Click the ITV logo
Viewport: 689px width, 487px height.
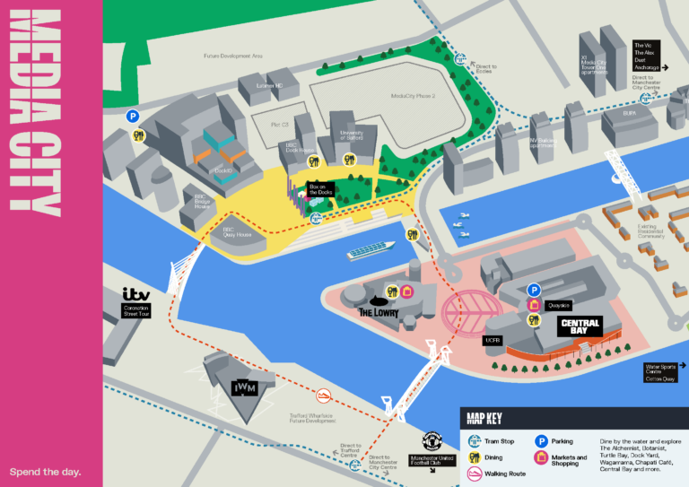[136, 294]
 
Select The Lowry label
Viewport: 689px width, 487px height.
[379, 311]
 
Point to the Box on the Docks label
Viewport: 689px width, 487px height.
[319, 189]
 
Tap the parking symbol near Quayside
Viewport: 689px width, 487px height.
[534, 290]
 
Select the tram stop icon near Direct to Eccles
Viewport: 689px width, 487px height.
[461, 60]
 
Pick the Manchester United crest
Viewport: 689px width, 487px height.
[432, 441]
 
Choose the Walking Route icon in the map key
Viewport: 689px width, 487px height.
[475, 474]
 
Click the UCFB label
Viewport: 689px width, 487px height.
[493, 340]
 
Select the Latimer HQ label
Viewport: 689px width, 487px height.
[268, 85]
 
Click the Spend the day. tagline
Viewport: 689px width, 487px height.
[45, 471]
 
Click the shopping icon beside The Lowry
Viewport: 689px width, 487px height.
[405, 291]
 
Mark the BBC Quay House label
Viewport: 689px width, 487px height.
[236, 231]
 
